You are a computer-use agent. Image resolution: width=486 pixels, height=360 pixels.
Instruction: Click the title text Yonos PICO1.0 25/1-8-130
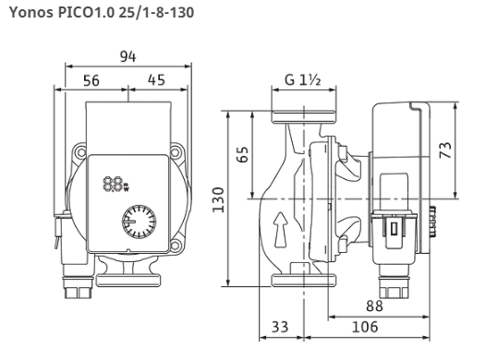coord(102,13)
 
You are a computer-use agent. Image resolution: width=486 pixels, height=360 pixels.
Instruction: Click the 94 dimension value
coord(128,56)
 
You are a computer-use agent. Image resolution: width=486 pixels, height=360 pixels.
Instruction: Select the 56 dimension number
coord(91,81)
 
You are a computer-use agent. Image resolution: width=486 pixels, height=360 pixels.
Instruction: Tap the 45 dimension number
coord(156,80)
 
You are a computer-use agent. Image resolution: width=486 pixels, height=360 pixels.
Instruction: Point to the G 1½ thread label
coord(303,80)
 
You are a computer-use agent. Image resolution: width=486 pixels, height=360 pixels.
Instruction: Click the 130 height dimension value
coord(218,199)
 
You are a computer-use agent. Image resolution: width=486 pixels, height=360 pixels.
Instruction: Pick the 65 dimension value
coord(242,154)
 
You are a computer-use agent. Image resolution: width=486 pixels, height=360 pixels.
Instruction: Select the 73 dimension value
coord(445,150)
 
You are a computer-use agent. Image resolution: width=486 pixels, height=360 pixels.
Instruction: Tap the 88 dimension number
coord(374,306)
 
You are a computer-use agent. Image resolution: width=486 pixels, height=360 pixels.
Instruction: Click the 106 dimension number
coord(365,327)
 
